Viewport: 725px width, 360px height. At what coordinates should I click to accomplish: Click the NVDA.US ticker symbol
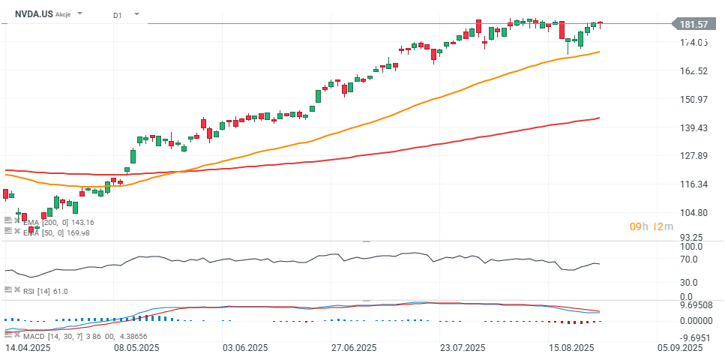tap(33, 13)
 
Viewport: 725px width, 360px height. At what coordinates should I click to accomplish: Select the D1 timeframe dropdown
tap(117, 14)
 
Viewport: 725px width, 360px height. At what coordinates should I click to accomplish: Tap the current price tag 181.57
tap(694, 24)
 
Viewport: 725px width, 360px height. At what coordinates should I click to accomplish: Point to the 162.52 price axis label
tap(694, 71)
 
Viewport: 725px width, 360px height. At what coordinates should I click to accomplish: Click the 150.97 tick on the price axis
tap(694, 100)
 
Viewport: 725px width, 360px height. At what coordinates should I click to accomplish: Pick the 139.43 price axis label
tap(694, 128)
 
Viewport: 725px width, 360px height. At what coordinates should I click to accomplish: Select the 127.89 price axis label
tap(694, 156)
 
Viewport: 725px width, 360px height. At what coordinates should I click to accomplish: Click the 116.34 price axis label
tap(694, 184)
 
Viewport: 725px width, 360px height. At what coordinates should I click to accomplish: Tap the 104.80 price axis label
tap(694, 213)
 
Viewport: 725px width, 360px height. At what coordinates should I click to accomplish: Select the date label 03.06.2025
tap(246, 348)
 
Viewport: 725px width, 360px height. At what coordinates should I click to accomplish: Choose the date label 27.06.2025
tap(354, 348)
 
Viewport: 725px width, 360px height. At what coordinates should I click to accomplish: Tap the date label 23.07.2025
tap(463, 348)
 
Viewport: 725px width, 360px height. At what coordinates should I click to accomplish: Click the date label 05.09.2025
tap(681, 348)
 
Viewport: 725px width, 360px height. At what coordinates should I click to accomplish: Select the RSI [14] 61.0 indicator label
tap(46, 290)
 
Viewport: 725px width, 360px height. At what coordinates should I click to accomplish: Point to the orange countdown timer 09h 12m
tap(652, 226)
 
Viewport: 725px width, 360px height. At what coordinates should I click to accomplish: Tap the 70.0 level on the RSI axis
tap(688, 259)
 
